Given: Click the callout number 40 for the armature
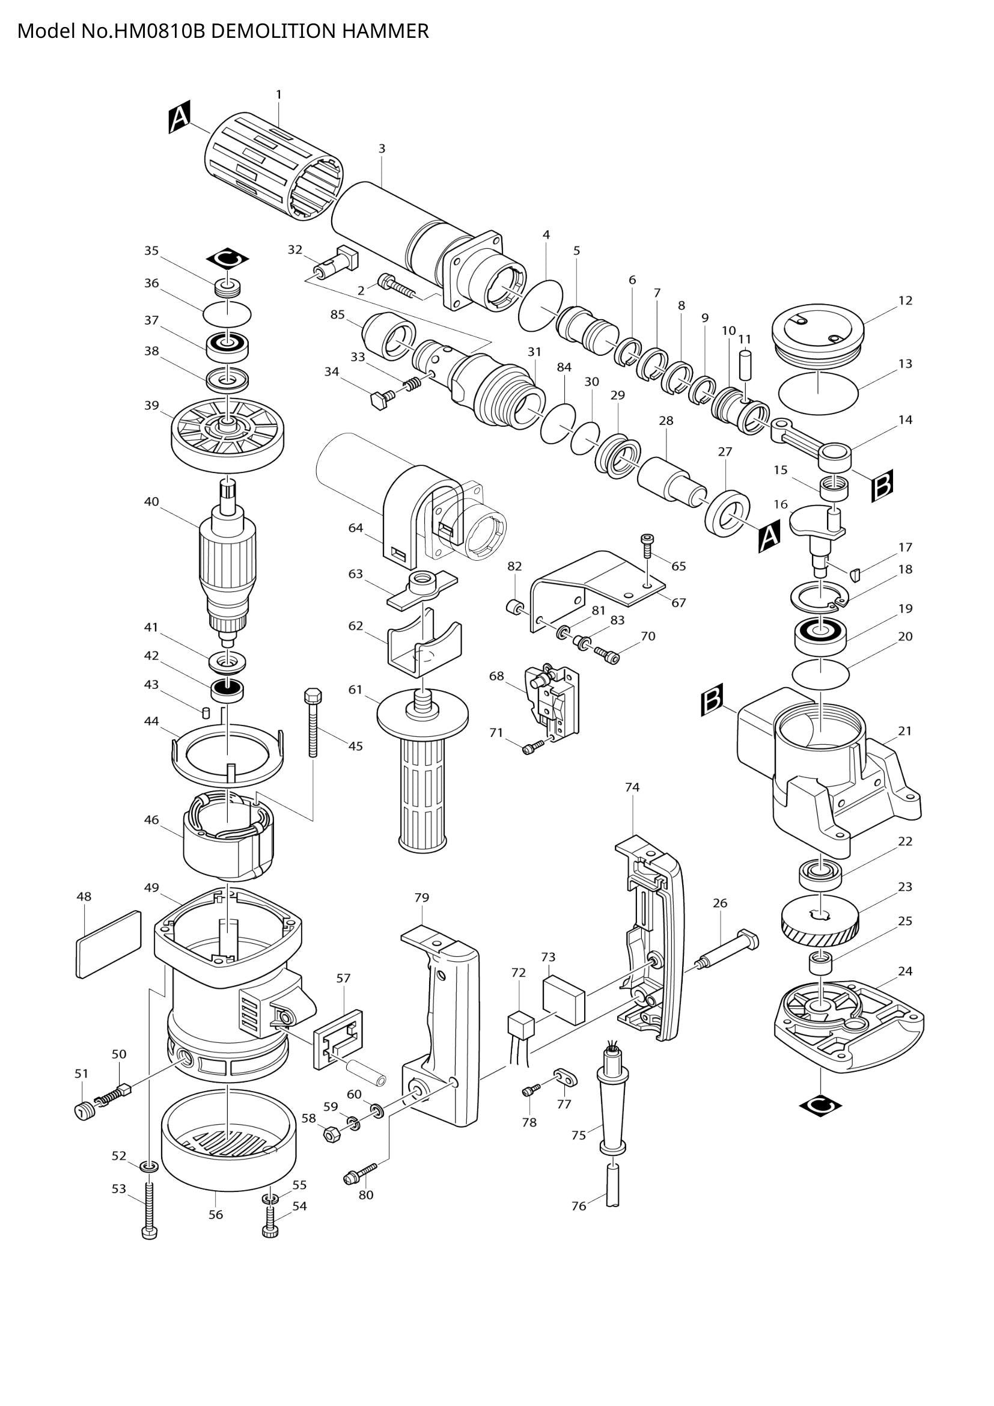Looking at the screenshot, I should [151, 501].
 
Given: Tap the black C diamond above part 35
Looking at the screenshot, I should [228, 260].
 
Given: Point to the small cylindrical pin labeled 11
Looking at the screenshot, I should [745, 365].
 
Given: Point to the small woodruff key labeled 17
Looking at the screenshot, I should [856, 574].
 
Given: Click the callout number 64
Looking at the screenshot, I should [356, 528].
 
